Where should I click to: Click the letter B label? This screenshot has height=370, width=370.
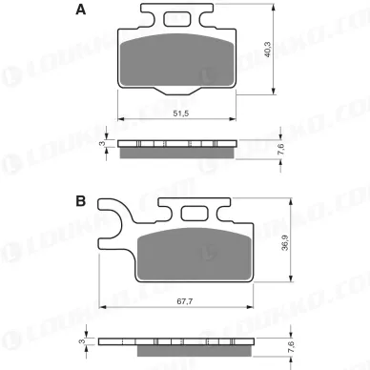[x=81, y=202]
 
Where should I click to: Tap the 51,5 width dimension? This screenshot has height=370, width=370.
[x=177, y=113]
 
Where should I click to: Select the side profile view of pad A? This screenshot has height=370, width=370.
[x=177, y=146]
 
